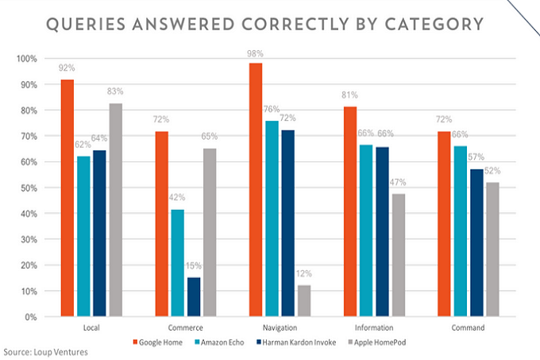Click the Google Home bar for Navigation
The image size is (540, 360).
[x=256, y=190]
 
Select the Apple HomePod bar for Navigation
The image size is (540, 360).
[x=303, y=301]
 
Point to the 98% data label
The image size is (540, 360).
[x=256, y=52]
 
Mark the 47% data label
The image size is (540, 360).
[x=397, y=184]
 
